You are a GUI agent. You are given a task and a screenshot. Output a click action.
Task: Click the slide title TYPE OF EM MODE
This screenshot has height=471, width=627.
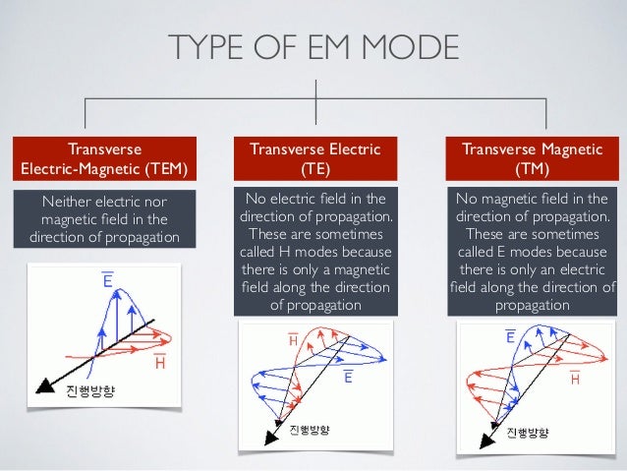tap(313, 46)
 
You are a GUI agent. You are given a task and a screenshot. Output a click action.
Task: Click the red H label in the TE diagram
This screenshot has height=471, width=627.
tap(293, 340)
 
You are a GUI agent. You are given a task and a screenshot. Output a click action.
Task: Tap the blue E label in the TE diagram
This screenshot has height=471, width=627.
tap(349, 377)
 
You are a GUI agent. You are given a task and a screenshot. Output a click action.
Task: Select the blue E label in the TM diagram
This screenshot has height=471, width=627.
tap(512, 337)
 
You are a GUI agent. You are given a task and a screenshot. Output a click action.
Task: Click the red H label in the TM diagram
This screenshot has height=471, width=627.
tap(576, 379)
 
